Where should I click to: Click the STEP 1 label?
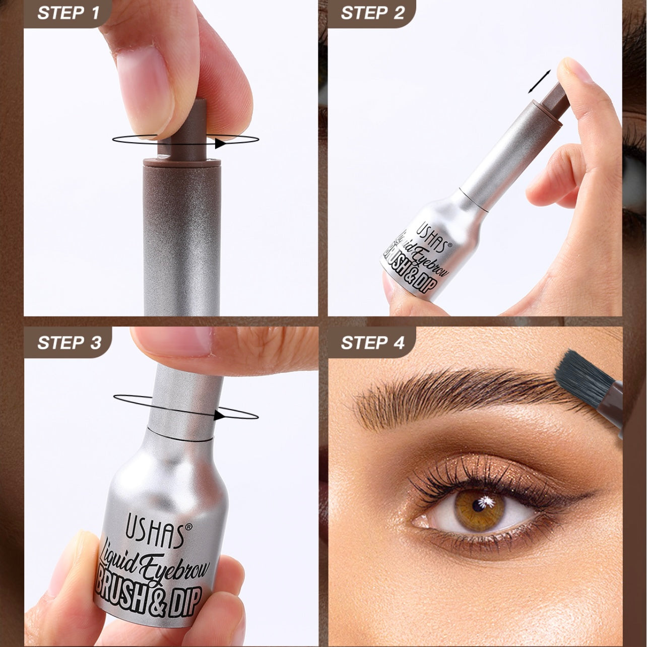click(69, 13)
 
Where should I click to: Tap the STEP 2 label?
click(373, 13)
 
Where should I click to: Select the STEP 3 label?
click(69, 343)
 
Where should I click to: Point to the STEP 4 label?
click(373, 343)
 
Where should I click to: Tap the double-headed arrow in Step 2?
click(540, 82)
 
